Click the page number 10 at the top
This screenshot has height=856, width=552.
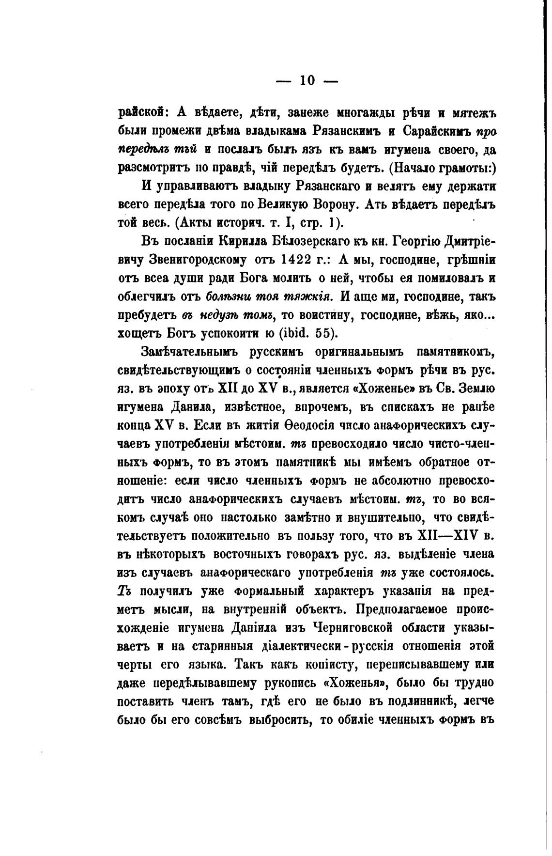tap(307, 80)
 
